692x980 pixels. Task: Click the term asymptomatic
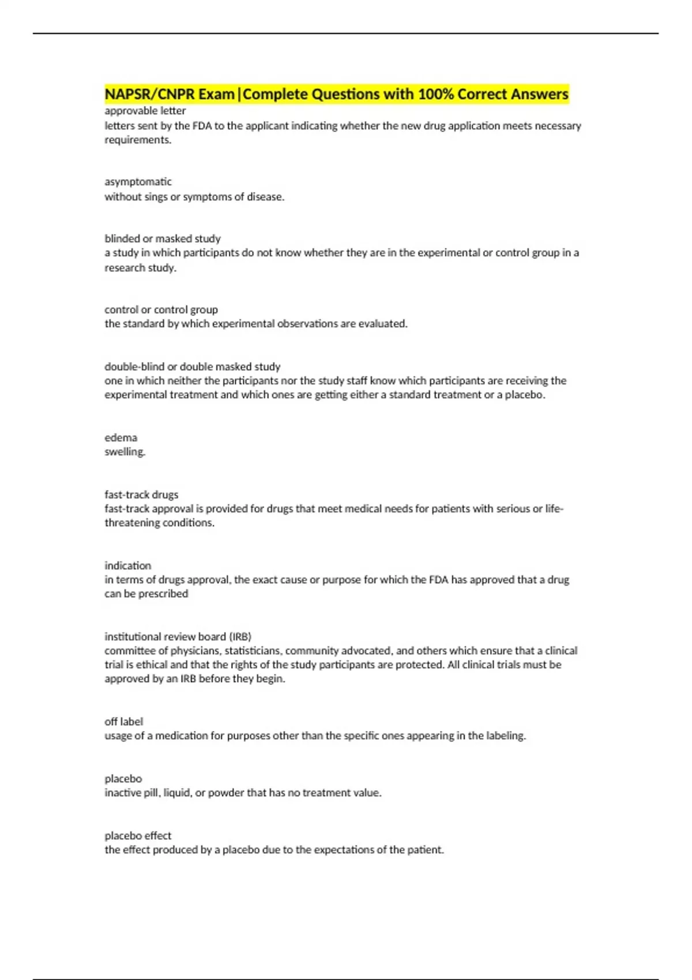coord(138,182)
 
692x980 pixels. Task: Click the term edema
coord(121,438)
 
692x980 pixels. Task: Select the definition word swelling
coord(125,452)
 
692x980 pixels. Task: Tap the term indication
coord(127,566)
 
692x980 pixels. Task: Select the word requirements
coord(138,140)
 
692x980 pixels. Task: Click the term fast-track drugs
coord(141,495)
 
